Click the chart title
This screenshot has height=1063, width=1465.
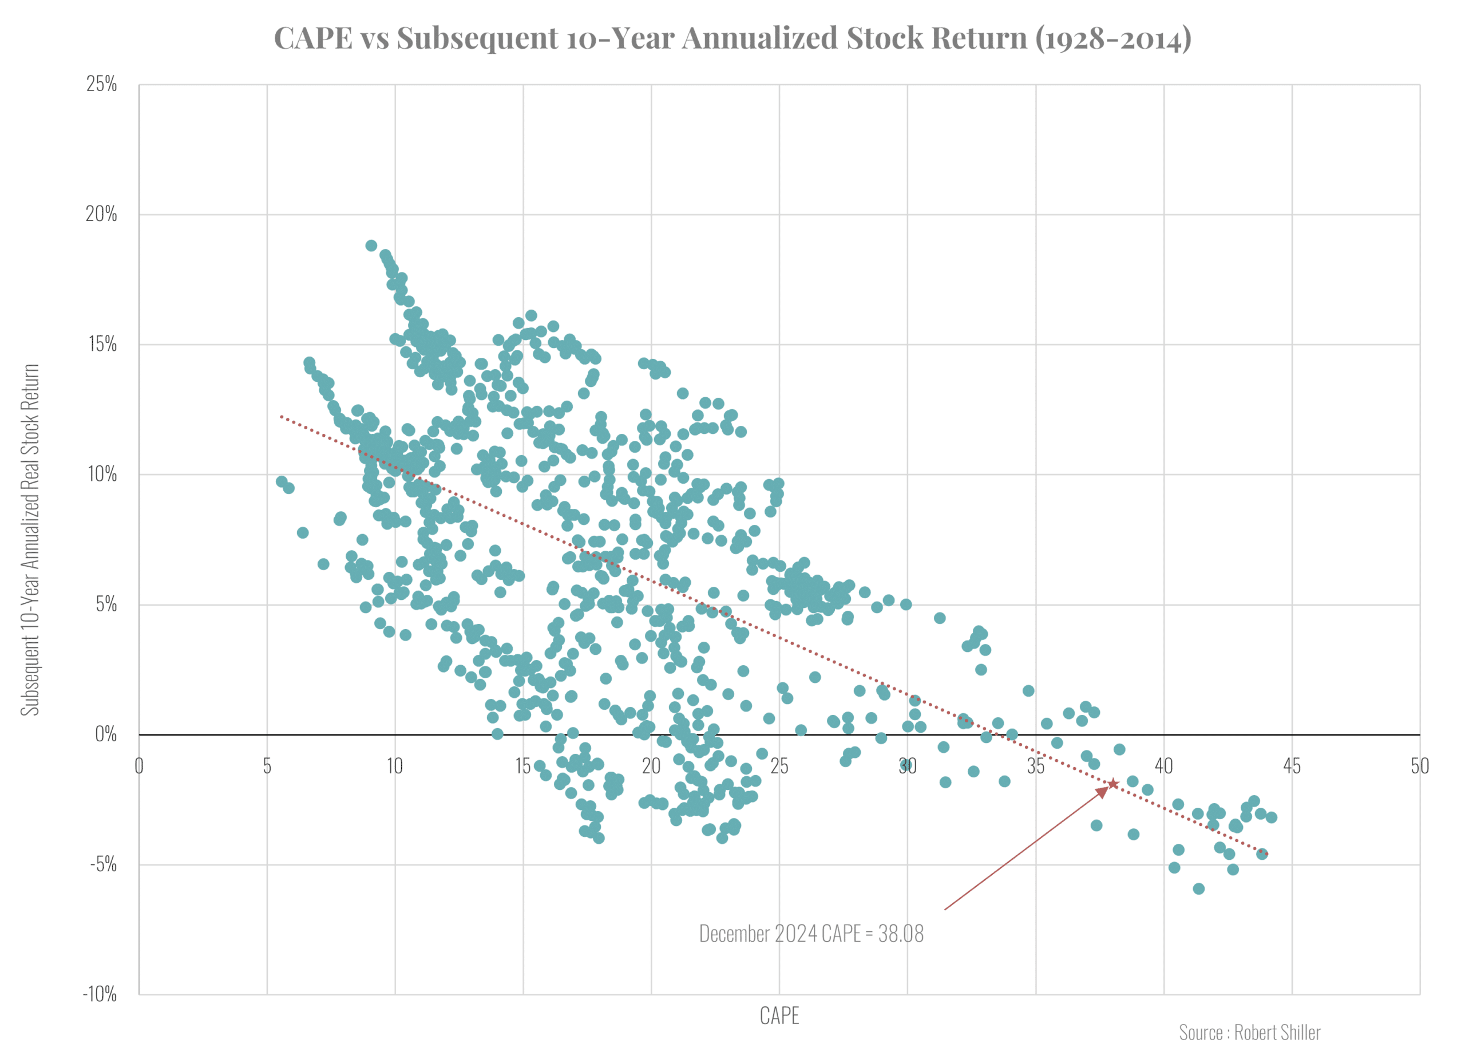[732, 37]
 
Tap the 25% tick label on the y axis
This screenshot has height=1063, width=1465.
[102, 84]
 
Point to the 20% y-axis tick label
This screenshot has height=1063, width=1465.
[102, 214]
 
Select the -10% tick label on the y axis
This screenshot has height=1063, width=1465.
[100, 994]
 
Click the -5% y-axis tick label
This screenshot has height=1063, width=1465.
[104, 864]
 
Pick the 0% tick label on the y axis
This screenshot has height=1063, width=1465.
[106, 734]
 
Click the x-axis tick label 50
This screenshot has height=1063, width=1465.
[1419, 766]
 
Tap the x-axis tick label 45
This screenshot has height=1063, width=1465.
[1291, 766]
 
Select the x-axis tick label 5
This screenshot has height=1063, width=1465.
[267, 766]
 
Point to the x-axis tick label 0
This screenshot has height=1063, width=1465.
[139, 766]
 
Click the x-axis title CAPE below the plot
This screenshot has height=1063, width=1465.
[779, 1017]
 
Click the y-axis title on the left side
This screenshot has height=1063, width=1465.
[30, 540]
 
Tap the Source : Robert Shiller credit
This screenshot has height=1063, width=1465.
[1249, 1033]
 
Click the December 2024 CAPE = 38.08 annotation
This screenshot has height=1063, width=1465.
[811, 934]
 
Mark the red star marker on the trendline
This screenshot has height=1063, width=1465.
[1113, 784]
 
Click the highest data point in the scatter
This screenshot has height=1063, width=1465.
[371, 246]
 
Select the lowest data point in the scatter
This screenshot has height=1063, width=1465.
[1198, 888]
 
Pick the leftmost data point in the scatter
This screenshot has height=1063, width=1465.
[282, 481]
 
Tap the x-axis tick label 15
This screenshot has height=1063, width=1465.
[522, 766]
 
